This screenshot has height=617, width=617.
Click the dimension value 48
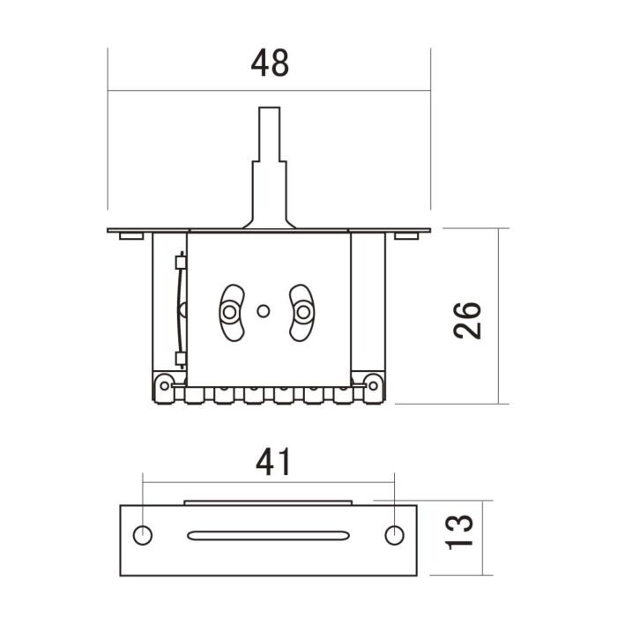(x=270, y=64)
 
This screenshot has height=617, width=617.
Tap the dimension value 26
(x=466, y=320)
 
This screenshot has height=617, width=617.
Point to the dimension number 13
(x=460, y=529)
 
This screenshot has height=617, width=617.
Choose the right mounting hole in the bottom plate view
(x=395, y=534)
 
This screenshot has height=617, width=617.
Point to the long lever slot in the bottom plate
(x=268, y=534)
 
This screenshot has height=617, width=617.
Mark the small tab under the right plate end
(x=406, y=235)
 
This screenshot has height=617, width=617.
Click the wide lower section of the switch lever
(x=270, y=194)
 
